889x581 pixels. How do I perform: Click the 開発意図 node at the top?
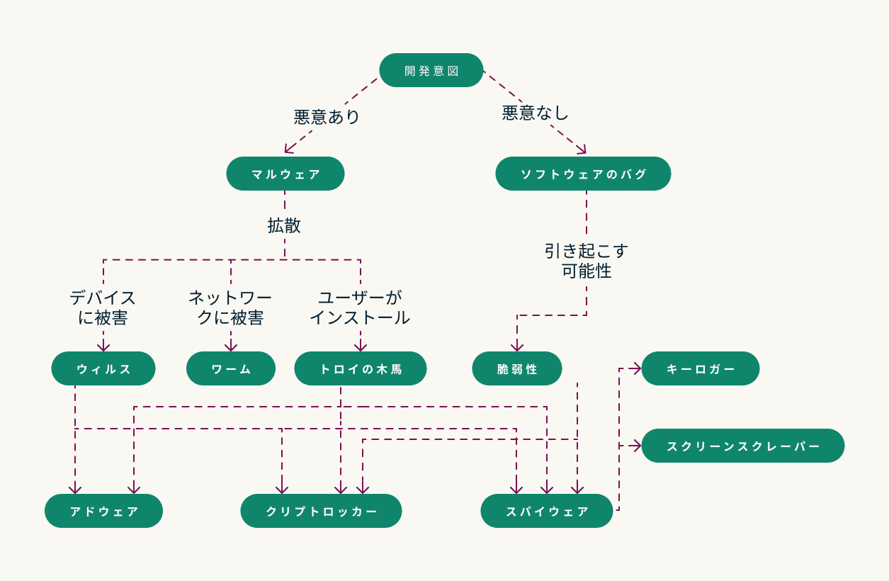[431, 70]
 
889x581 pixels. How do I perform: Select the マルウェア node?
[285, 174]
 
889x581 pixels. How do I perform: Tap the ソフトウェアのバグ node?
[583, 174]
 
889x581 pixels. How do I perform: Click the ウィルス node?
[103, 368]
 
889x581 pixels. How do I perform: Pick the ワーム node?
[231, 368]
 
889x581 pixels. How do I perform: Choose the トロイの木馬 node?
[361, 368]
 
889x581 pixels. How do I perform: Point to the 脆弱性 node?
[517, 368]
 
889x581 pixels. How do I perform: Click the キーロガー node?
[701, 368]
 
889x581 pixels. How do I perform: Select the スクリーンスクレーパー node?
[743, 446]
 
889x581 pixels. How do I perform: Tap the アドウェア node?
[103, 511]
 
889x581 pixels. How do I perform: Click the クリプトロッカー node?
[321, 511]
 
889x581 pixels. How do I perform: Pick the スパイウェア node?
[547, 511]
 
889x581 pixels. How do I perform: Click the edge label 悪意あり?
[327, 116]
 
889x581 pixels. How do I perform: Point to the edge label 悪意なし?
[536, 113]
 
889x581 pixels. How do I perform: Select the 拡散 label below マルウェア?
[284, 225]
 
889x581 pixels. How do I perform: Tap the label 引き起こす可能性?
[587, 261]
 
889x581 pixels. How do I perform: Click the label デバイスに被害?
[103, 308]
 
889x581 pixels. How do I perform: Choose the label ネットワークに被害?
[230, 308]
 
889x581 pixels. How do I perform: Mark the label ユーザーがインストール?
[360, 308]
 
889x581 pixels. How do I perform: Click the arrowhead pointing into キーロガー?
[637, 368]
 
